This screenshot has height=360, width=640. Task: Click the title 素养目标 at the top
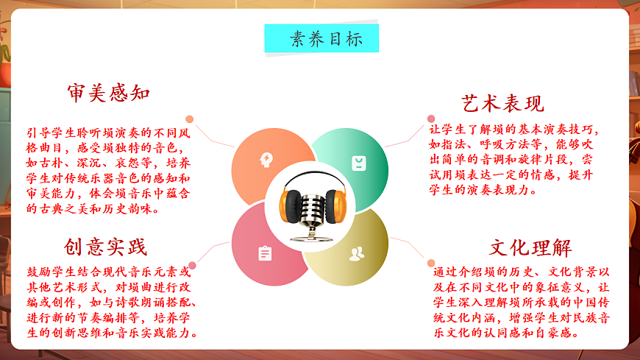click(x=321, y=39)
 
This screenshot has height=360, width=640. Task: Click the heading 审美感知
click(x=108, y=93)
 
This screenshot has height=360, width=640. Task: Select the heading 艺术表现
click(x=502, y=102)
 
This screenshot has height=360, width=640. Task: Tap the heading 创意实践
click(x=105, y=247)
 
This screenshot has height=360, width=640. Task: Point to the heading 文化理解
click(x=530, y=247)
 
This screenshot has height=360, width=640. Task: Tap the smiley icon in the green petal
click(x=358, y=163)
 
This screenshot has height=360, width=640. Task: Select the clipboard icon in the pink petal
click(x=265, y=253)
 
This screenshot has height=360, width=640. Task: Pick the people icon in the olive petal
click(x=357, y=254)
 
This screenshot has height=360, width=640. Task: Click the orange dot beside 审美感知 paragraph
click(x=190, y=119)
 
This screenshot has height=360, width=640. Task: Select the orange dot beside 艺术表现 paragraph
click(x=431, y=119)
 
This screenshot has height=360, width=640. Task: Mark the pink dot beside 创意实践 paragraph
click(x=192, y=265)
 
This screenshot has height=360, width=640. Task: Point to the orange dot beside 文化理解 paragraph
click(x=431, y=263)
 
